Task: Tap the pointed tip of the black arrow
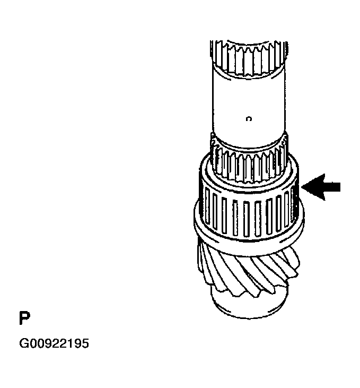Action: tap(303, 187)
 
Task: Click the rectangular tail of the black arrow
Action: tap(331, 187)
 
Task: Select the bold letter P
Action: tap(24, 318)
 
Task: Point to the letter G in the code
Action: tap(24, 344)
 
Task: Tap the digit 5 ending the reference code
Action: tap(85, 344)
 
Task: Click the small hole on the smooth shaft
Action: tap(249, 120)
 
